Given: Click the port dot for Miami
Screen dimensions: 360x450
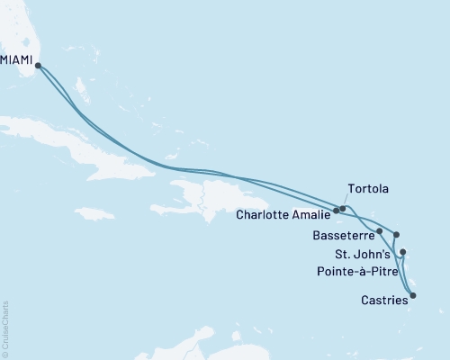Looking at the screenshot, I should [38, 65].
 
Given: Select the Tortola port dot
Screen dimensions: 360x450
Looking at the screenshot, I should [343, 209].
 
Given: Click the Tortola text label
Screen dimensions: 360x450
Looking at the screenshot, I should [367, 190].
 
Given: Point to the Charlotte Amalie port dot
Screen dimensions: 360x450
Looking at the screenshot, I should [337, 211].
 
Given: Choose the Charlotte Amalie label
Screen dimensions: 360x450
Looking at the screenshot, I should [284, 215].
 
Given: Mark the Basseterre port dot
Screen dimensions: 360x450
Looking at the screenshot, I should [380, 231].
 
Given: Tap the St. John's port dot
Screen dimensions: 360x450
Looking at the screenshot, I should [396, 234].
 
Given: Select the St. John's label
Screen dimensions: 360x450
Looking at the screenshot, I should [363, 254].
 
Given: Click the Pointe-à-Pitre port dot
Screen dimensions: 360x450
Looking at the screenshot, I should [402, 252].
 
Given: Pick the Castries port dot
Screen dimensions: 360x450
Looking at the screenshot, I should [413, 294].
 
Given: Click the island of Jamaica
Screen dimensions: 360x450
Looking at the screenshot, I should [94, 214].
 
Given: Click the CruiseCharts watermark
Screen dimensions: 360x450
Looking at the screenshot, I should [5, 328].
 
